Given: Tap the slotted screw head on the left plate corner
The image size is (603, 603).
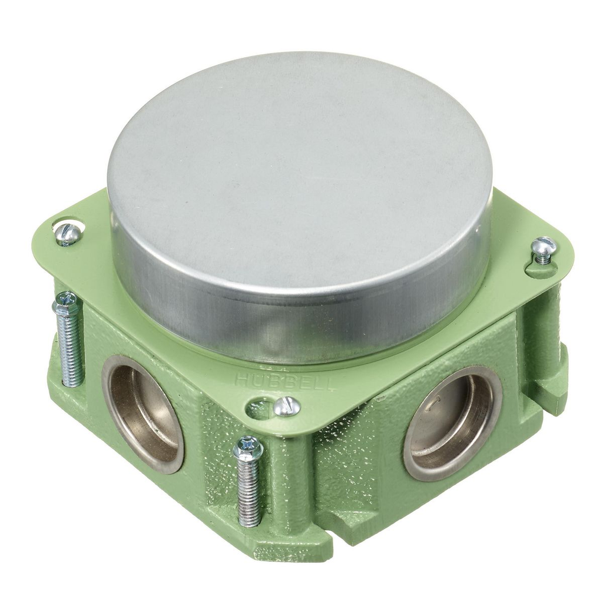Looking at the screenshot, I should point(68,234).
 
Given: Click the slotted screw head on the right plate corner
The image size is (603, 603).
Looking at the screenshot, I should point(543,247).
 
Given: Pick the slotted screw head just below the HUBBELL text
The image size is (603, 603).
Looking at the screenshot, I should point(287,406).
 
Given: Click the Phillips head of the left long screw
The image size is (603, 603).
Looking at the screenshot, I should point(65,304).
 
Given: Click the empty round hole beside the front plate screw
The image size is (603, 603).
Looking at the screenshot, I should point(258,408).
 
